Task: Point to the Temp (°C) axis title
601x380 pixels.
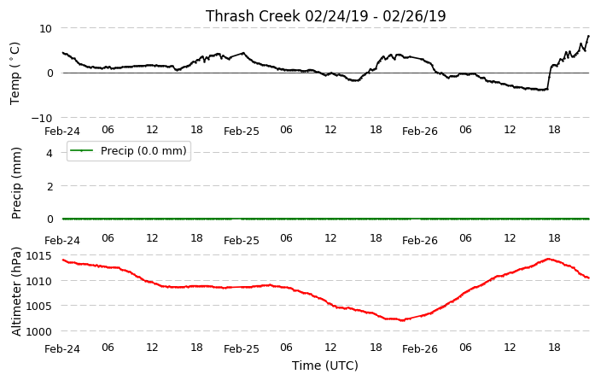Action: (x=15, y=73)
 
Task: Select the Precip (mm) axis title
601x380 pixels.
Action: (x=16, y=184)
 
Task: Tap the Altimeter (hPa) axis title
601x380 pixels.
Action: (x=16, y=291)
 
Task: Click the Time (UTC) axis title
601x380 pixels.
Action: (x=325, y=365)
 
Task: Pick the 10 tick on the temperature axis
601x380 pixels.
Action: (x=45, y=28)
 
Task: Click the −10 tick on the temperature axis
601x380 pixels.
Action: (x=41, y=118)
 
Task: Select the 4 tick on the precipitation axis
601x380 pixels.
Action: (x=50, y=153)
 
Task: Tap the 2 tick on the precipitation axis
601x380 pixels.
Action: (x=50, y=186)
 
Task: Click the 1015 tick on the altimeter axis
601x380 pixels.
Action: (x=38, y=255)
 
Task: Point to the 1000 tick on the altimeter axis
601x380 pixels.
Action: (x=38, y=331)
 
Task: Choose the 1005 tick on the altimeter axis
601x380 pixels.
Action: (x=38, y=306)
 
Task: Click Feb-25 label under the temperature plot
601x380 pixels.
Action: (x=242, y=132)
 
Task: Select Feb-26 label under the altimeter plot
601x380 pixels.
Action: (x=420, y=348)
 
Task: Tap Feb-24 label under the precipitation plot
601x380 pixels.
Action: (x=62, y=241)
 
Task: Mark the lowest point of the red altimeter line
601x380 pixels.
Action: (x=402, y=320)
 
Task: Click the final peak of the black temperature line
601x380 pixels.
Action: (x=588, y=36)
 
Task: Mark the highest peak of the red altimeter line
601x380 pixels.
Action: (x=548, y=259)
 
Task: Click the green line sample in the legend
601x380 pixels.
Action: (x=82, y=150)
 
